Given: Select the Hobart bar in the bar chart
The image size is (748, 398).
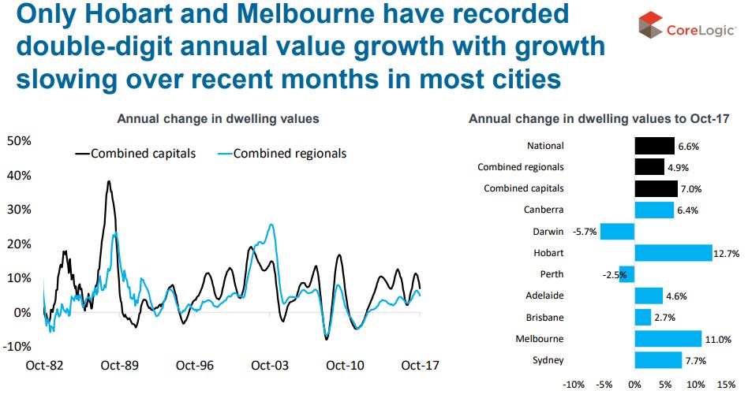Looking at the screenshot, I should (x=673, y=253).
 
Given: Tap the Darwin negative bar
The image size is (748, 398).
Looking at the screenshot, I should (x=617, y=232).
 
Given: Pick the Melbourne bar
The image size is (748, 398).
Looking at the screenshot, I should (x=668, y=339).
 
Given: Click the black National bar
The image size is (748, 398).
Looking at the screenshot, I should (x=654, y=146).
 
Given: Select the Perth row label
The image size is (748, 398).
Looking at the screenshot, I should (x=551, y=274).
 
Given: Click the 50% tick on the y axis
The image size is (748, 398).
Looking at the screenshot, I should (x=19, y=141).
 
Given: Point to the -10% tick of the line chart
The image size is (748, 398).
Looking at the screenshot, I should (x=19, y=346).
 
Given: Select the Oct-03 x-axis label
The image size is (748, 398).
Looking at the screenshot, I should (x=270, y=366).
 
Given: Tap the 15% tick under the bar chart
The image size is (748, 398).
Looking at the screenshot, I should (x=725, y=385).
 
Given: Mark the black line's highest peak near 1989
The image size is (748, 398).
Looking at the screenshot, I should (x=109, y=181).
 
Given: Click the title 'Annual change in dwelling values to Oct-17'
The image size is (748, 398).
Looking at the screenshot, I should (x=598, y=119).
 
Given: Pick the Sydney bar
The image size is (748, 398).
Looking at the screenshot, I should (x=657, y=360).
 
